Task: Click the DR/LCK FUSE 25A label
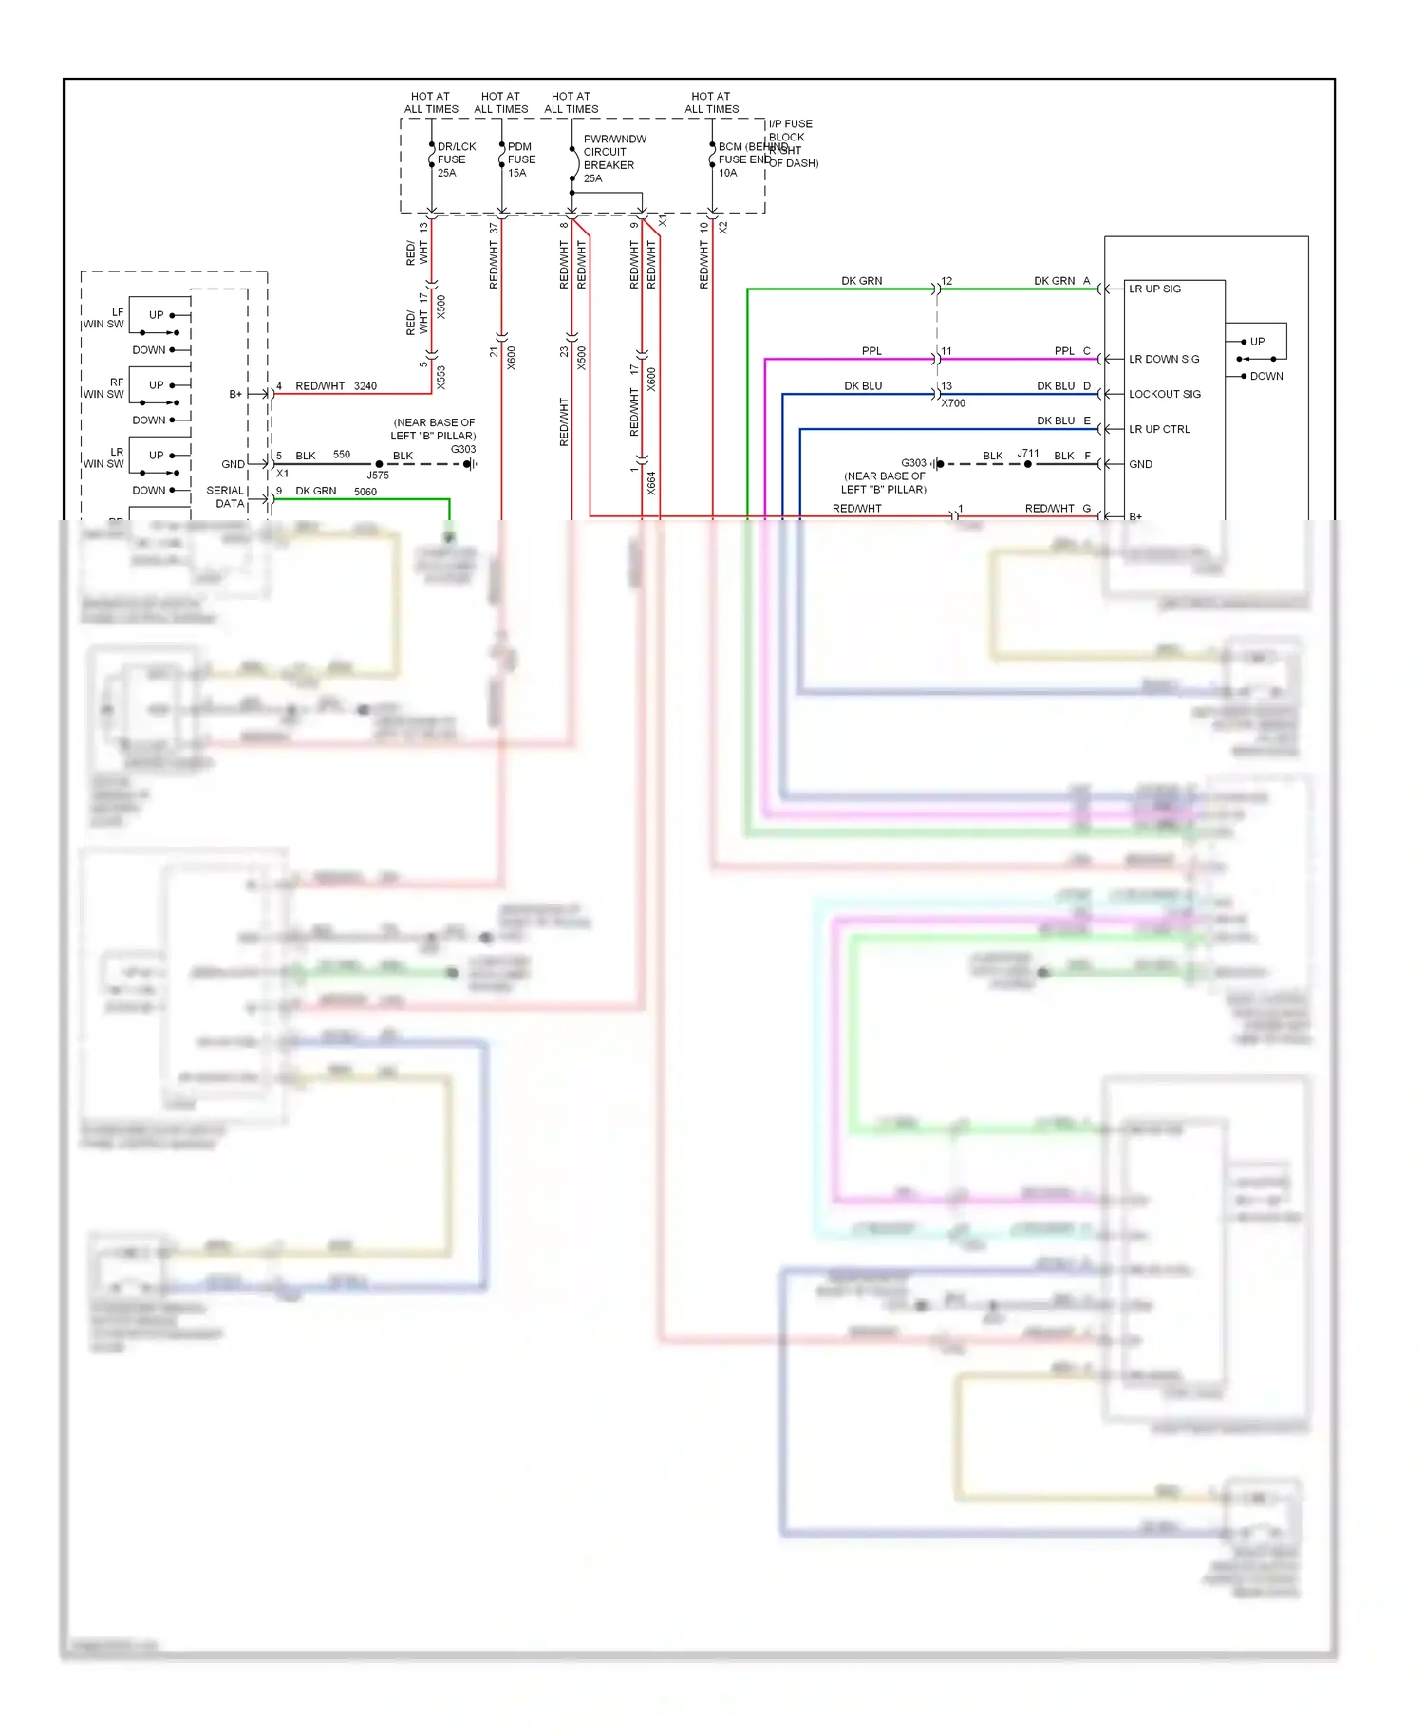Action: point(455,159)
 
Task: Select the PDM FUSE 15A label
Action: point(520,159)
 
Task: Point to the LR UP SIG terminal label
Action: point(1154,289)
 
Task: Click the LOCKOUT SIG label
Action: point(1164,394)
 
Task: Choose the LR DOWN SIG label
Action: point(1163,359)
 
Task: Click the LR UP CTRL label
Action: point(1158,429)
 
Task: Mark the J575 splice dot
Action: point(379,464)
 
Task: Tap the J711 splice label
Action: point(1028,454)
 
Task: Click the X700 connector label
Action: point(952,403)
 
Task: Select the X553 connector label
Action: point(440,378)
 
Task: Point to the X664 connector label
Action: point(651,483)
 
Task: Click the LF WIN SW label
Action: point(103,318)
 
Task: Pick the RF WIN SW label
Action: point(103,388)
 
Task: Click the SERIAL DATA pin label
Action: point(226,496)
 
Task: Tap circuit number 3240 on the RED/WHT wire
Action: point(365,386)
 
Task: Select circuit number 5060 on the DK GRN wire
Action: point(365,492)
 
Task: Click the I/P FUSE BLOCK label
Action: point(790,130)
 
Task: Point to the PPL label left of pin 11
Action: point(871,351)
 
